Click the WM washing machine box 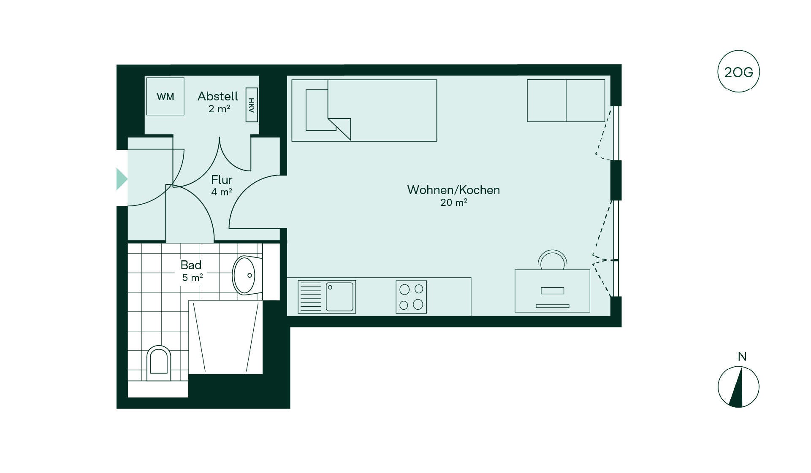click(x=165, y=96)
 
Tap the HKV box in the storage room click(x=252, y=105)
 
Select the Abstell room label click(x=218, y=96)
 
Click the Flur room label click(x=222, y=180)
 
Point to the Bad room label click(x=191, y=265)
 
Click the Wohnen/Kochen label click(x=453, y=190)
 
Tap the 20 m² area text click(x=453, y=203)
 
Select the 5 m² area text click(x=193, y=278)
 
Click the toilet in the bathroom click(x=159, y=363)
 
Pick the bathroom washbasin click(x=245, y=275)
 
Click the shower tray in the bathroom click(x=225, y=337)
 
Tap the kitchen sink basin click(x=339, y=297)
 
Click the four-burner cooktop click(x=411, y=297)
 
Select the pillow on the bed click(x=317, y=110)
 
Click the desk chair click(x=553, y=260)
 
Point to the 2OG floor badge click(x=738, y=72)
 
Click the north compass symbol click(x=738, y=387)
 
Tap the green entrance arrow click(x=122, y=179)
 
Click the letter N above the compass click(x=742, y=357)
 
